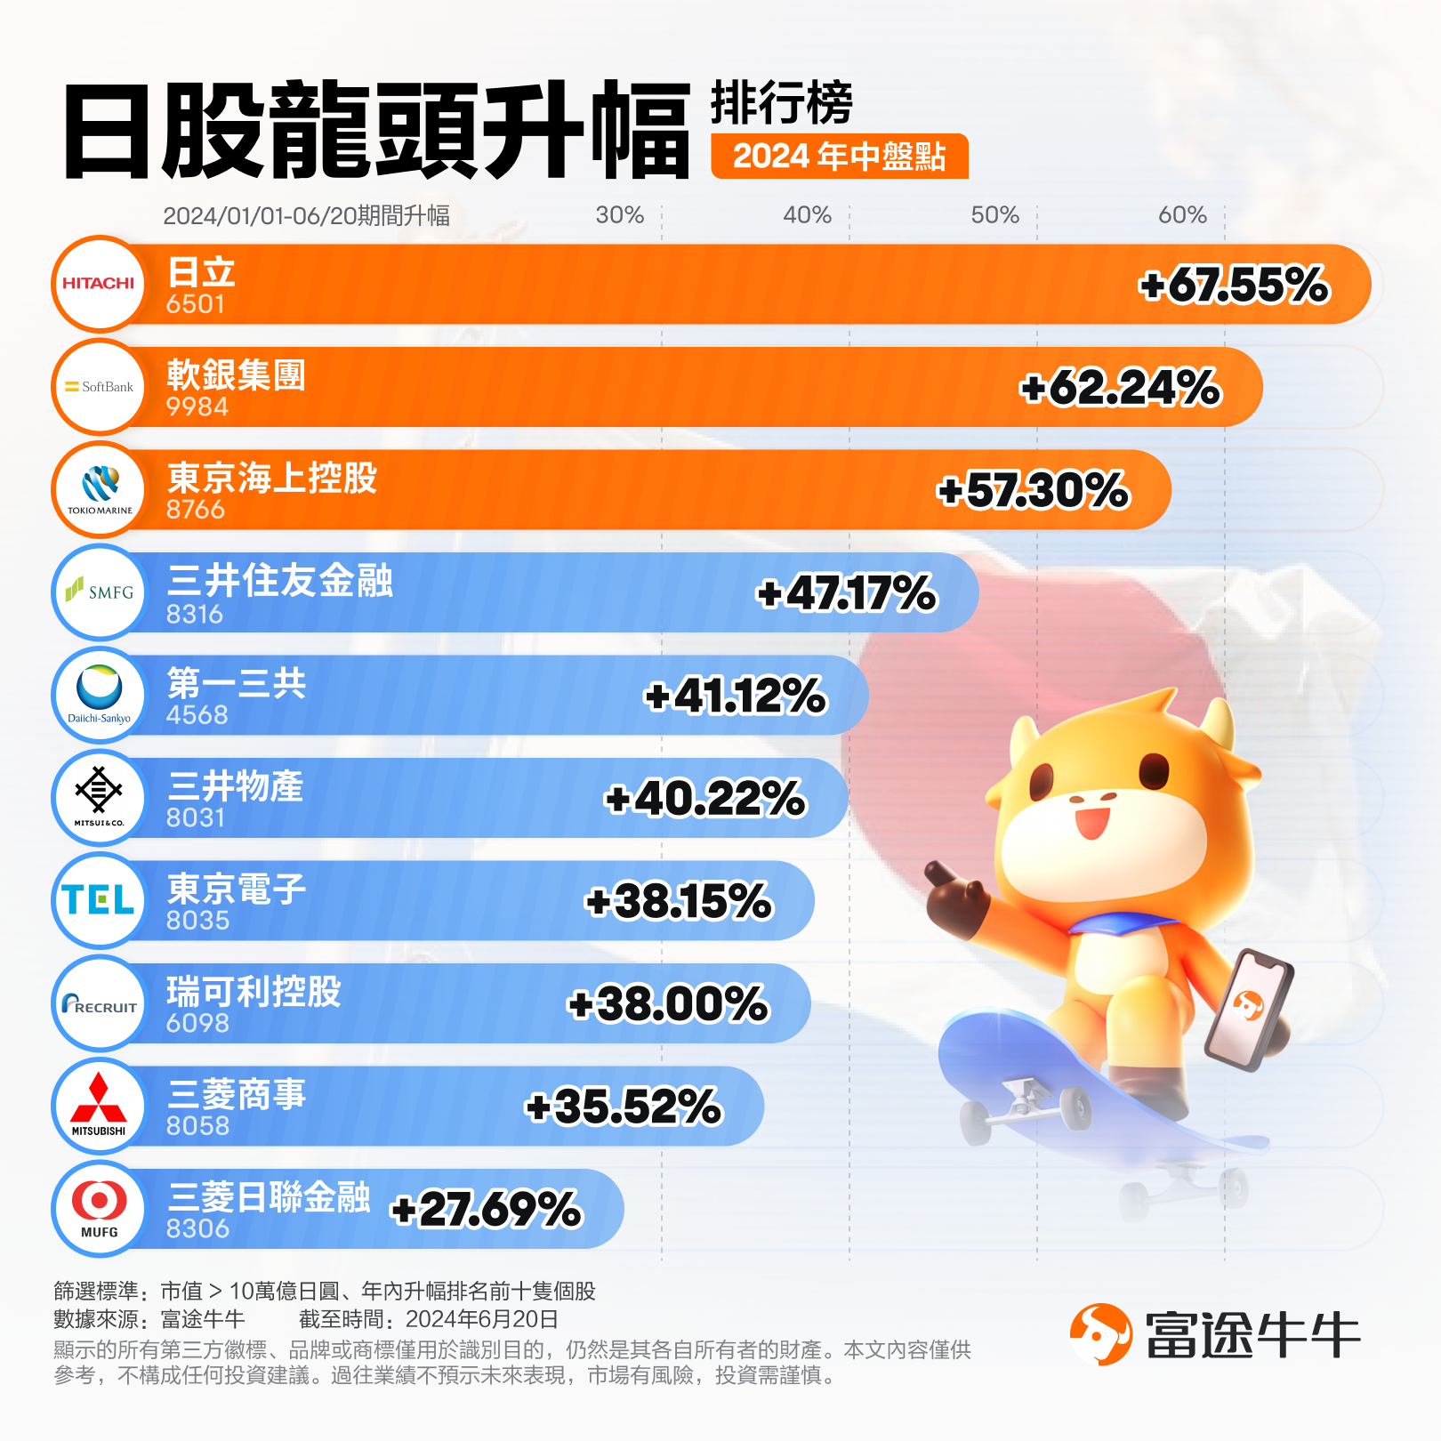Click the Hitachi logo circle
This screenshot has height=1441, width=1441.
pyautogui.click(x=99, y=284)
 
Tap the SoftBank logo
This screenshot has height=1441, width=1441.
pyautogui.click(x=99, y=387)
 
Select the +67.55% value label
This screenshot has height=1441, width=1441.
pyautogui.click(x=1234, y=286)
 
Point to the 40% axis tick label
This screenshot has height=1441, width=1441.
pyautogui.click(x=807, y=215)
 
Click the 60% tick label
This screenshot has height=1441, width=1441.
pyautogui.click(x=1182, y=215)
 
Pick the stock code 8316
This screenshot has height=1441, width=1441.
pyautogui.click(x=195, y=614)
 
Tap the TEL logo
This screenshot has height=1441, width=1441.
pyautogui.click(x=99, y=900)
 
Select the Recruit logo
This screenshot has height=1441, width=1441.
pyautogui.click(x=99, y=1004)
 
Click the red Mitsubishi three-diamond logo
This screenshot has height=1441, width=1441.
pyautogui.click(x=99, y=1099)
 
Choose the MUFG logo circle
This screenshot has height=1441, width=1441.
pyautogui.click(x=99, y=1208)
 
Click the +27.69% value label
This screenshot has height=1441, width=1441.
pyautogui.click(x=486, y=1210)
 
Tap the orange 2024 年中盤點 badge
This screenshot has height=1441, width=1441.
pyautogui.click(x=839, y=157)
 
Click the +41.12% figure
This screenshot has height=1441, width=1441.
pyautogui.click(x=735, y=696)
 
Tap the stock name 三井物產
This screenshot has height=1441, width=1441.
pyautogui.click(x=236, y=786)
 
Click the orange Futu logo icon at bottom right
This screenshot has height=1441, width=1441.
pyautogui.click(x=1100, y=1334)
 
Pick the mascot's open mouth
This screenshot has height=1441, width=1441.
pyautogui.click(x=1091, y=821)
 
